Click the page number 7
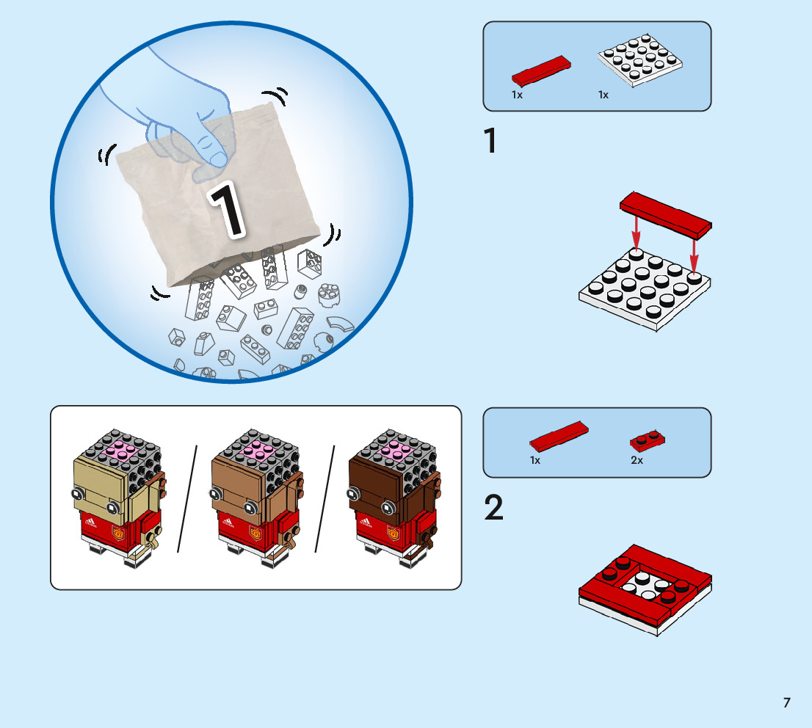tap(786, 702)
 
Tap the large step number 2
tap(494, 509)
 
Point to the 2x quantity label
tap(636, 460)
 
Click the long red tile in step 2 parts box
tap(558, 437)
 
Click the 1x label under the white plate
tap(603, 95)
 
